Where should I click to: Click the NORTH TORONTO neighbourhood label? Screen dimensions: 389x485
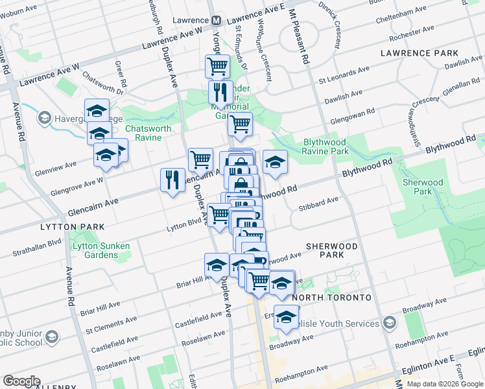tap(331, 298)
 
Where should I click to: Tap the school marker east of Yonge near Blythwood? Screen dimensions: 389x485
tap(275, 161)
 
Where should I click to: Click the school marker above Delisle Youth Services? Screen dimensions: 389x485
tap(285, 316)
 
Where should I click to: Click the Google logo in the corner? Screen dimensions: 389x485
tap(21, 381)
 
